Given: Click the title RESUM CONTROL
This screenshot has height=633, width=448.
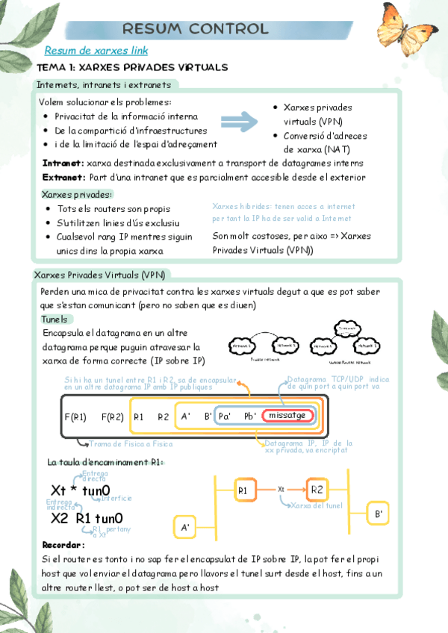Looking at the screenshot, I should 195,29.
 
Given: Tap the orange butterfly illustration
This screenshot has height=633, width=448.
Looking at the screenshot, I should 402,31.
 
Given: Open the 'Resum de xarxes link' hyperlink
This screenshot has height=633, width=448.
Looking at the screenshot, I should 96,51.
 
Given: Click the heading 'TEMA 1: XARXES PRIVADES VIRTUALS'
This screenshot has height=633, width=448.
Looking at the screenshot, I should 132,67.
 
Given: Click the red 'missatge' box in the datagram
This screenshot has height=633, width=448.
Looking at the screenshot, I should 287,416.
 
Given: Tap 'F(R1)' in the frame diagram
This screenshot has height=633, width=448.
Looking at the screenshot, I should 76,417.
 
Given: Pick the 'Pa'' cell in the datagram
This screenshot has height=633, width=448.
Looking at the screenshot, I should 225,417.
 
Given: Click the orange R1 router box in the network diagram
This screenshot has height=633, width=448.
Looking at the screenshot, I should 243,490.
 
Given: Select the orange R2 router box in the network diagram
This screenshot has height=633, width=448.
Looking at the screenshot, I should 317,490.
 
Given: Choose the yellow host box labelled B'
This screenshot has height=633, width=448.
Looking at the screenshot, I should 379,514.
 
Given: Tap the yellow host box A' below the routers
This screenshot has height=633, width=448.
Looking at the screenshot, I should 185,527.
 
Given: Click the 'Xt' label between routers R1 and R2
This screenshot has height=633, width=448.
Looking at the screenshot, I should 281,490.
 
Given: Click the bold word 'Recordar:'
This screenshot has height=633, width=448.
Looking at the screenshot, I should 63,545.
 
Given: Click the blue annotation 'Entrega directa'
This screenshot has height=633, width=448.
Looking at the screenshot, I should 95,475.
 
